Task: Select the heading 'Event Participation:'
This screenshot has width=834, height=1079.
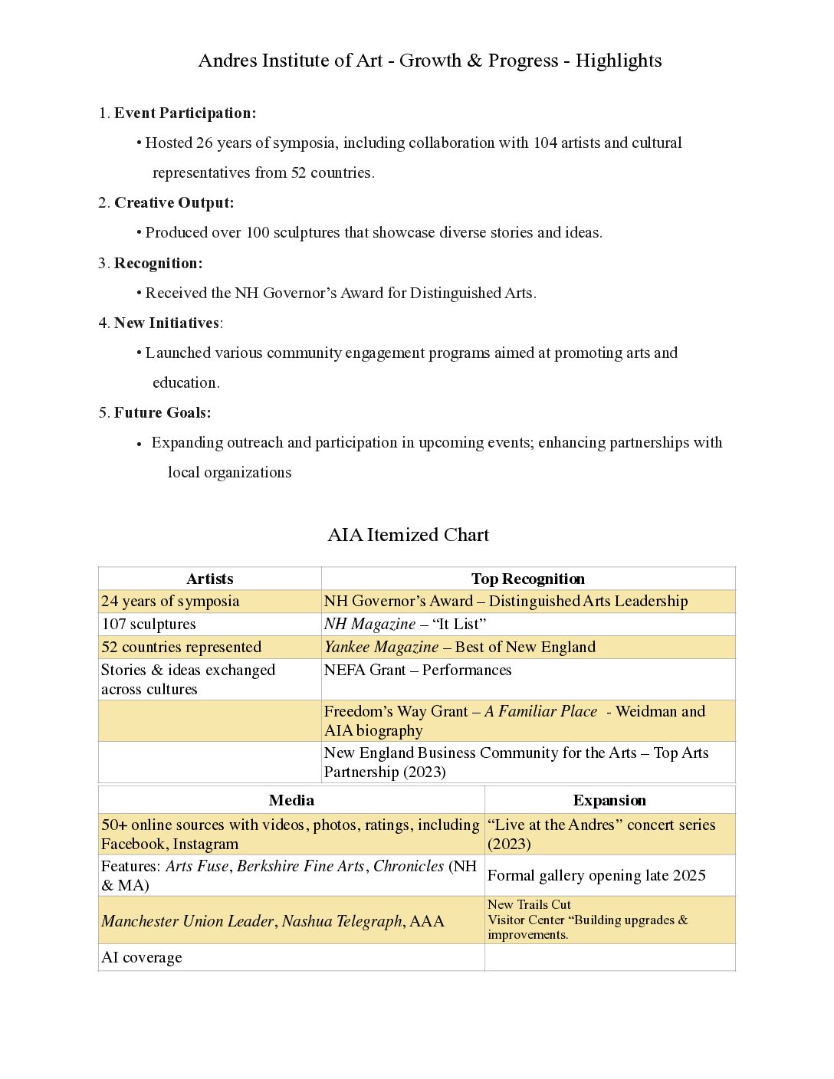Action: click(185, 113)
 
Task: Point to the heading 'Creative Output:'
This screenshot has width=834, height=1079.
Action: click(174, 202)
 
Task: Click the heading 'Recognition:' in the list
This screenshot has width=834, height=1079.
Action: click(158, 263)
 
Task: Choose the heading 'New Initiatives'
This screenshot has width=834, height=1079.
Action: click(166, 323)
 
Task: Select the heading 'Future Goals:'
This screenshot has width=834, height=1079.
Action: click(163, 412)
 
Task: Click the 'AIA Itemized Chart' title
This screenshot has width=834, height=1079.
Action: click(408, 534)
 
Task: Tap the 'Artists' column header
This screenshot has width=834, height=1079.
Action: click(209, 579)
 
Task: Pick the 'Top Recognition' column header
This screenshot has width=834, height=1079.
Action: click(527, 579)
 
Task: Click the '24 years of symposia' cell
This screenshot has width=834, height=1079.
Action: click(170, 601)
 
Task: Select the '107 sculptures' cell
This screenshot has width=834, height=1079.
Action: click(149, 624)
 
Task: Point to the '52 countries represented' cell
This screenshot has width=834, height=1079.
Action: click(181, 647)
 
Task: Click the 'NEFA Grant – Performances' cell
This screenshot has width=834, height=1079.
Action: click(417, 670)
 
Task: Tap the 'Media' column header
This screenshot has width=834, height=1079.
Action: click(291, 800)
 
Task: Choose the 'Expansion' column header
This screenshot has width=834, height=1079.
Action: click(609, 800)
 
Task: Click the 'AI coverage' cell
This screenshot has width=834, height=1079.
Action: click(142, 957)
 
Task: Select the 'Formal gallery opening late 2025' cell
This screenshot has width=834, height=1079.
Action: click(596, 875)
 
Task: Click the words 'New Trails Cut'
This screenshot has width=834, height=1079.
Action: click(529, 904)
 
